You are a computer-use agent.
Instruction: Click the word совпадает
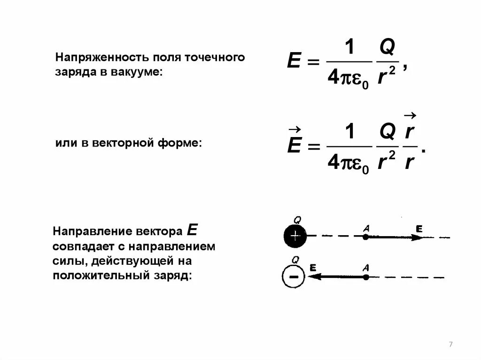[x=81, y=246]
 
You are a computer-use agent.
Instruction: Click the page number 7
[x=451, y=345]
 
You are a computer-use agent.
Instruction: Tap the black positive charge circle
[x=295, y=236]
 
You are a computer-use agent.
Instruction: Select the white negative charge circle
[x=294, y=276]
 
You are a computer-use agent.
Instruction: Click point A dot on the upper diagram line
[x=366, y=237]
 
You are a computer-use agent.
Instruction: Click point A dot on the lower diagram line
[x=366, y=277]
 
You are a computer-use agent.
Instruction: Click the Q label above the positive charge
[x=297, y=220]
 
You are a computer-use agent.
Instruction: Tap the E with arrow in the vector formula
[x=294, y=146]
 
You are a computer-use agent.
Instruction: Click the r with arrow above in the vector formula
[x=409, y=132]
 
